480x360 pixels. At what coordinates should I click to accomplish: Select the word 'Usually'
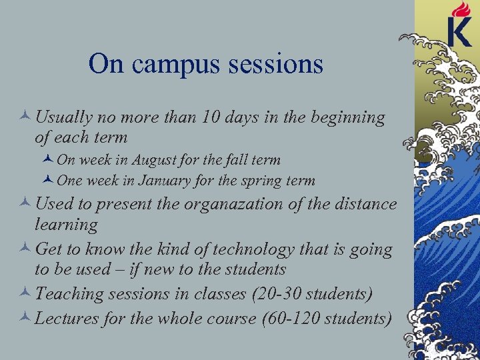[64, 118]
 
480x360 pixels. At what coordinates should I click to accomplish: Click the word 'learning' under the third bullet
[66, 225]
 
